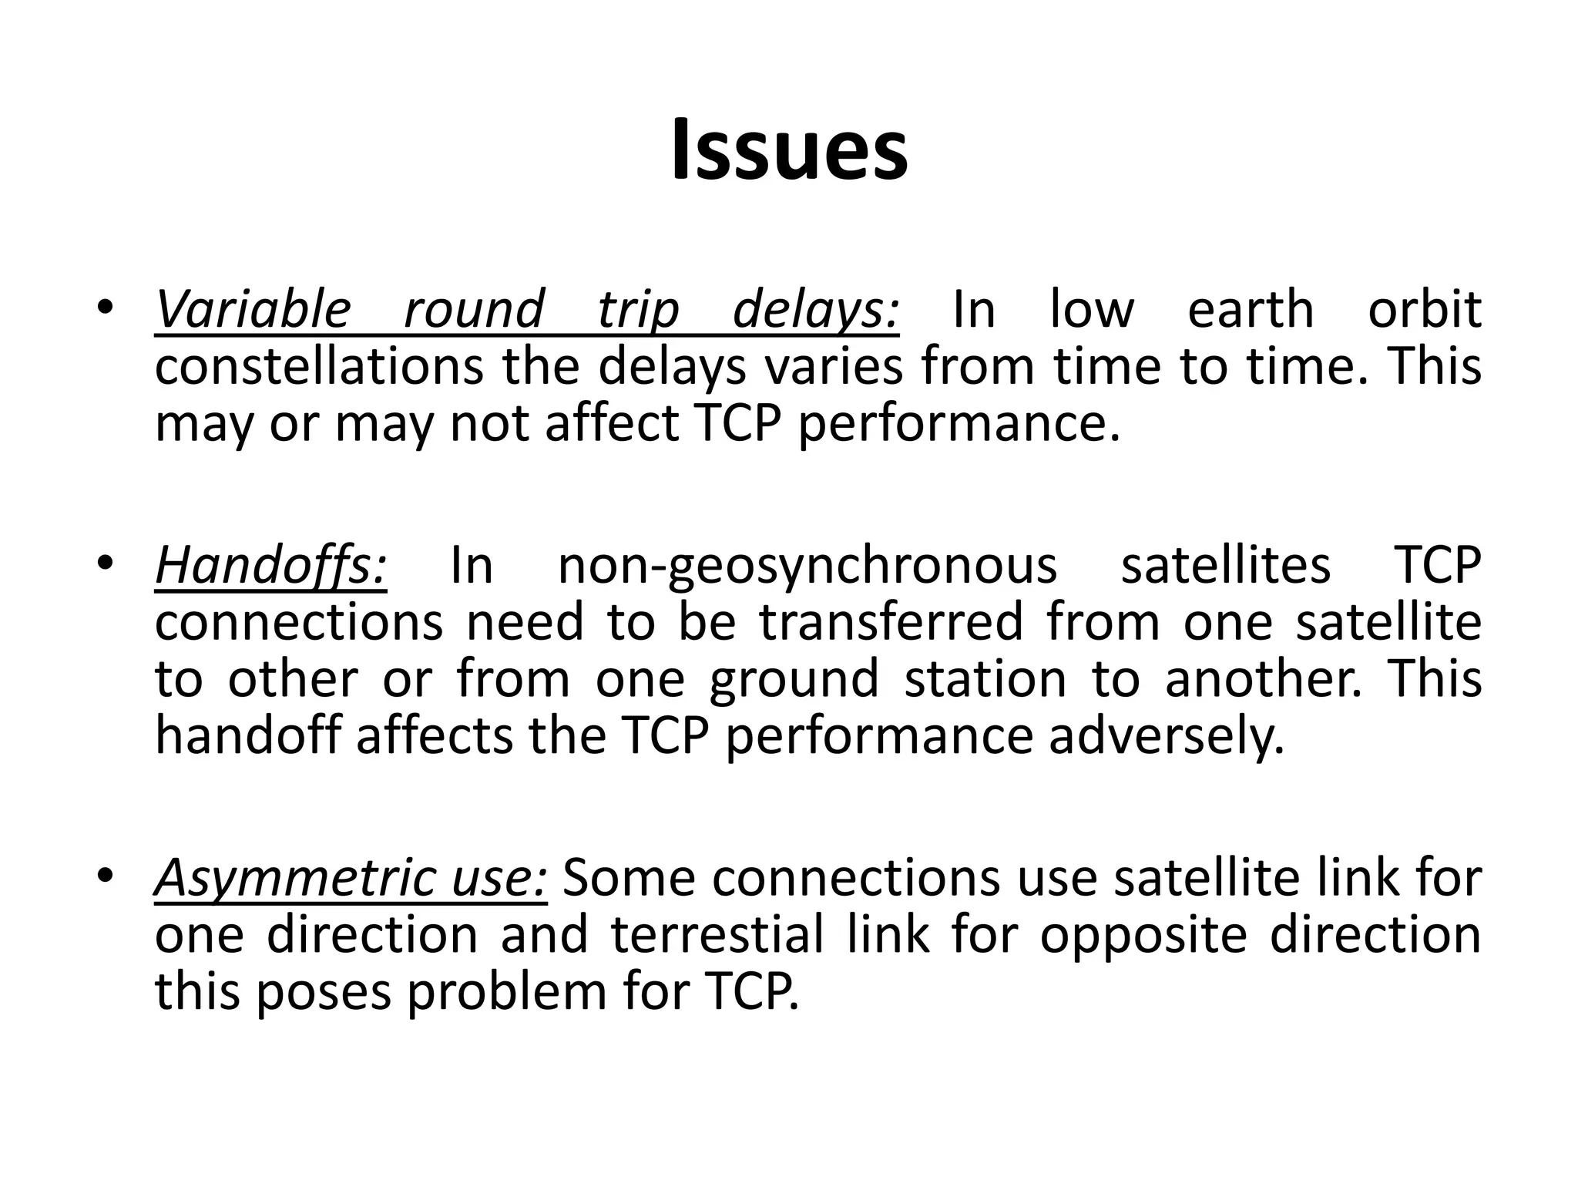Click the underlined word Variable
coord(253,310)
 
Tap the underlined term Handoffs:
coord(270,566)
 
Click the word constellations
coord(319,367)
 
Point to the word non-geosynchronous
coord(807,566)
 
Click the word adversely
coord(1167,736)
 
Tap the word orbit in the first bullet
coord(1424,310)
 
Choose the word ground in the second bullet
coord(793,680)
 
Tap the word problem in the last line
coord(507,993)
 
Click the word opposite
coord(1143,935)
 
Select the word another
coord(1263,680)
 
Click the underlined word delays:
coord(816,310)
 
